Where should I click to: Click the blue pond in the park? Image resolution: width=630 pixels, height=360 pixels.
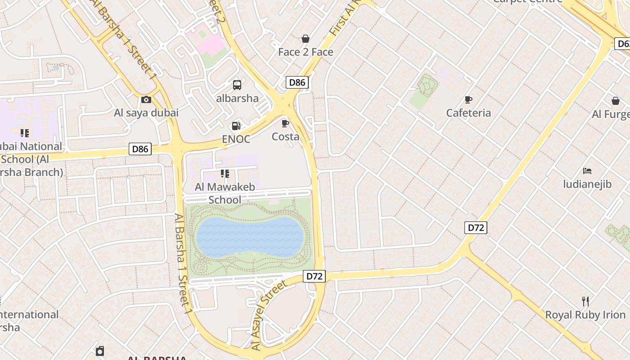[249, 237]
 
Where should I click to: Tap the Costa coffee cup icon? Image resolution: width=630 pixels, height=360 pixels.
[285, 123]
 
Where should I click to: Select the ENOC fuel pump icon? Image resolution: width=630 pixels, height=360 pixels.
[236, 126]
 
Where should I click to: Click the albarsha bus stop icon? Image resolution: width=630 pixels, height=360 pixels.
[237, 85]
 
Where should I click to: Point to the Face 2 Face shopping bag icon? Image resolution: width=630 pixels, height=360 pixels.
[306, 39]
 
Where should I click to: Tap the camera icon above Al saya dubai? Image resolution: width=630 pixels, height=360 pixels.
[146, 99]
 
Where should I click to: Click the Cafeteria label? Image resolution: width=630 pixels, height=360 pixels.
[468, 113]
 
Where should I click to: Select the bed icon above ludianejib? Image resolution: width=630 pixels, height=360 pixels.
[587, 171]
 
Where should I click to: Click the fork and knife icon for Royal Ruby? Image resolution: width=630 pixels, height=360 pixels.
[585, 301]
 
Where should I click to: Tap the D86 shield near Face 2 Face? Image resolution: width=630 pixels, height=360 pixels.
[297, 82]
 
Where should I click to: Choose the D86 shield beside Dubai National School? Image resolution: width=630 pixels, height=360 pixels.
[140, 149]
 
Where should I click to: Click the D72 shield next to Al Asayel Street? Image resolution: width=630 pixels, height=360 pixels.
[314, 276]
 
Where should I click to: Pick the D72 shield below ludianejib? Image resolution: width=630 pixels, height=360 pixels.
[476, 228]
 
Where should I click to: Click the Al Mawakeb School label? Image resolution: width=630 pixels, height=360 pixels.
[225, 193]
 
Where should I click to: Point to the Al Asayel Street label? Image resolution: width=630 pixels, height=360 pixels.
[269, 315]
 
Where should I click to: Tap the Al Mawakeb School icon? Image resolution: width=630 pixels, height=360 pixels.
[225, 174]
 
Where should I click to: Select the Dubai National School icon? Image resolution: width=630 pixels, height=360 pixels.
[25, 133]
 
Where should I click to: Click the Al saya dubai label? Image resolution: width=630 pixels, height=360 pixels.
[146, 113]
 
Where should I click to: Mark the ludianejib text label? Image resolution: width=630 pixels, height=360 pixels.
[587, 184]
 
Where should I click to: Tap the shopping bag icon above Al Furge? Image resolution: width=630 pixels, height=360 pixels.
[615, 101]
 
